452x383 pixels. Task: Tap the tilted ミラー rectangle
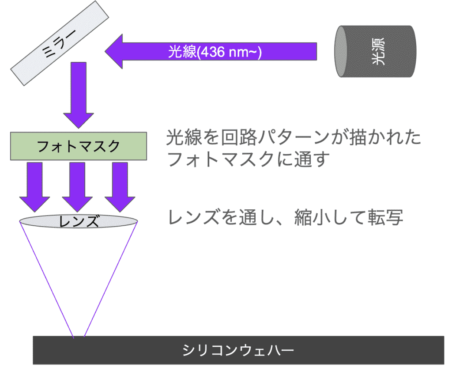60,42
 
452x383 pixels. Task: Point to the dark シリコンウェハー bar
238,350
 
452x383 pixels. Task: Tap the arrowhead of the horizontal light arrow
115,52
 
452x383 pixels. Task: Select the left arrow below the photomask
36,186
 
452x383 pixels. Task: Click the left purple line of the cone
46,278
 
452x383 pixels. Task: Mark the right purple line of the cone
111,278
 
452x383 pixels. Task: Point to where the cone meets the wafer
79,337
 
